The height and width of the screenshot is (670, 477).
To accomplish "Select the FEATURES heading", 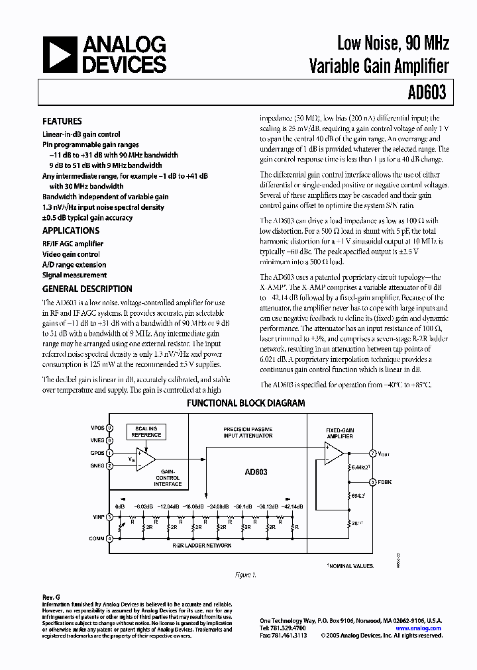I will point(62,122).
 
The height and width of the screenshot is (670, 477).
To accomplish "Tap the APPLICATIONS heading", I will point(71,231).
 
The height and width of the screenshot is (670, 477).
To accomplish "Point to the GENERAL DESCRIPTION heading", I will point(87,289).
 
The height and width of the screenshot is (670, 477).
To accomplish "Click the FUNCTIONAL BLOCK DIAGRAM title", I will point(246,403).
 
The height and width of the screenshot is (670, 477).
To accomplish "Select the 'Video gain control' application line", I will point(71,254).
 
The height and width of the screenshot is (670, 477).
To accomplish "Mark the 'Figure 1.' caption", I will point(245,575).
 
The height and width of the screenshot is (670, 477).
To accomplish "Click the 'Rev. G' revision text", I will point(50,597).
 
